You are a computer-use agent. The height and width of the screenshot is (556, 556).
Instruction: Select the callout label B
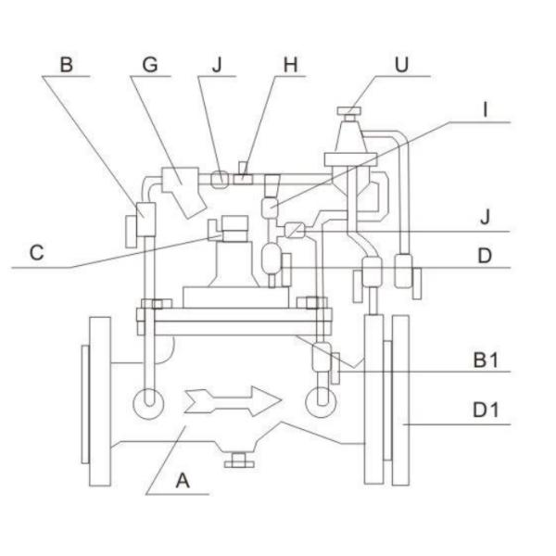click(66, 65)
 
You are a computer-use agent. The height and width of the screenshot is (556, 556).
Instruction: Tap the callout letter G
click(148, 65)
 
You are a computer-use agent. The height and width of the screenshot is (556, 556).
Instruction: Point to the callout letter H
click(291, 65)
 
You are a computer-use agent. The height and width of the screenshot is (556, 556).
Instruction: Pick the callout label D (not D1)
click(485, 253)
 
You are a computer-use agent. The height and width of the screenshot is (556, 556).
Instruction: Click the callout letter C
click(35, 253)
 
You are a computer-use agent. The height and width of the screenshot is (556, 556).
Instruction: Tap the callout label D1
click(486, 409)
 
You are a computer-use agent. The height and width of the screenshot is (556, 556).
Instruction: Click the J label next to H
click(216, 65)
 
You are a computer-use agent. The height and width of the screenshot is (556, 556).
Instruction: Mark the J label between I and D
click(485, 219)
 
